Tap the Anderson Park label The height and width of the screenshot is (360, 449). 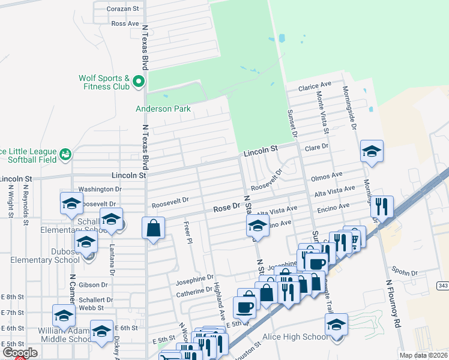pyautogui.click(x=163, y=109)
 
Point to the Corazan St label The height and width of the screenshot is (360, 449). pyautogui.click(x=122, y=9)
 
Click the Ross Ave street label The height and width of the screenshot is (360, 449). pyautogui.click(x=125, y=23)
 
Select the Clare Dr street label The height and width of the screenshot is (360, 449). pyautogui.click(x=318, y=146)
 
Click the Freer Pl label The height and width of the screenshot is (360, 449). pyautogui.click(x=188, y=232)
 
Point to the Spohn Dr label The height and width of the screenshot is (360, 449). pyautogui.click(x=406, y=273)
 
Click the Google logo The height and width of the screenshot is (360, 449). pyautogui.click(x=20, y=353)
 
